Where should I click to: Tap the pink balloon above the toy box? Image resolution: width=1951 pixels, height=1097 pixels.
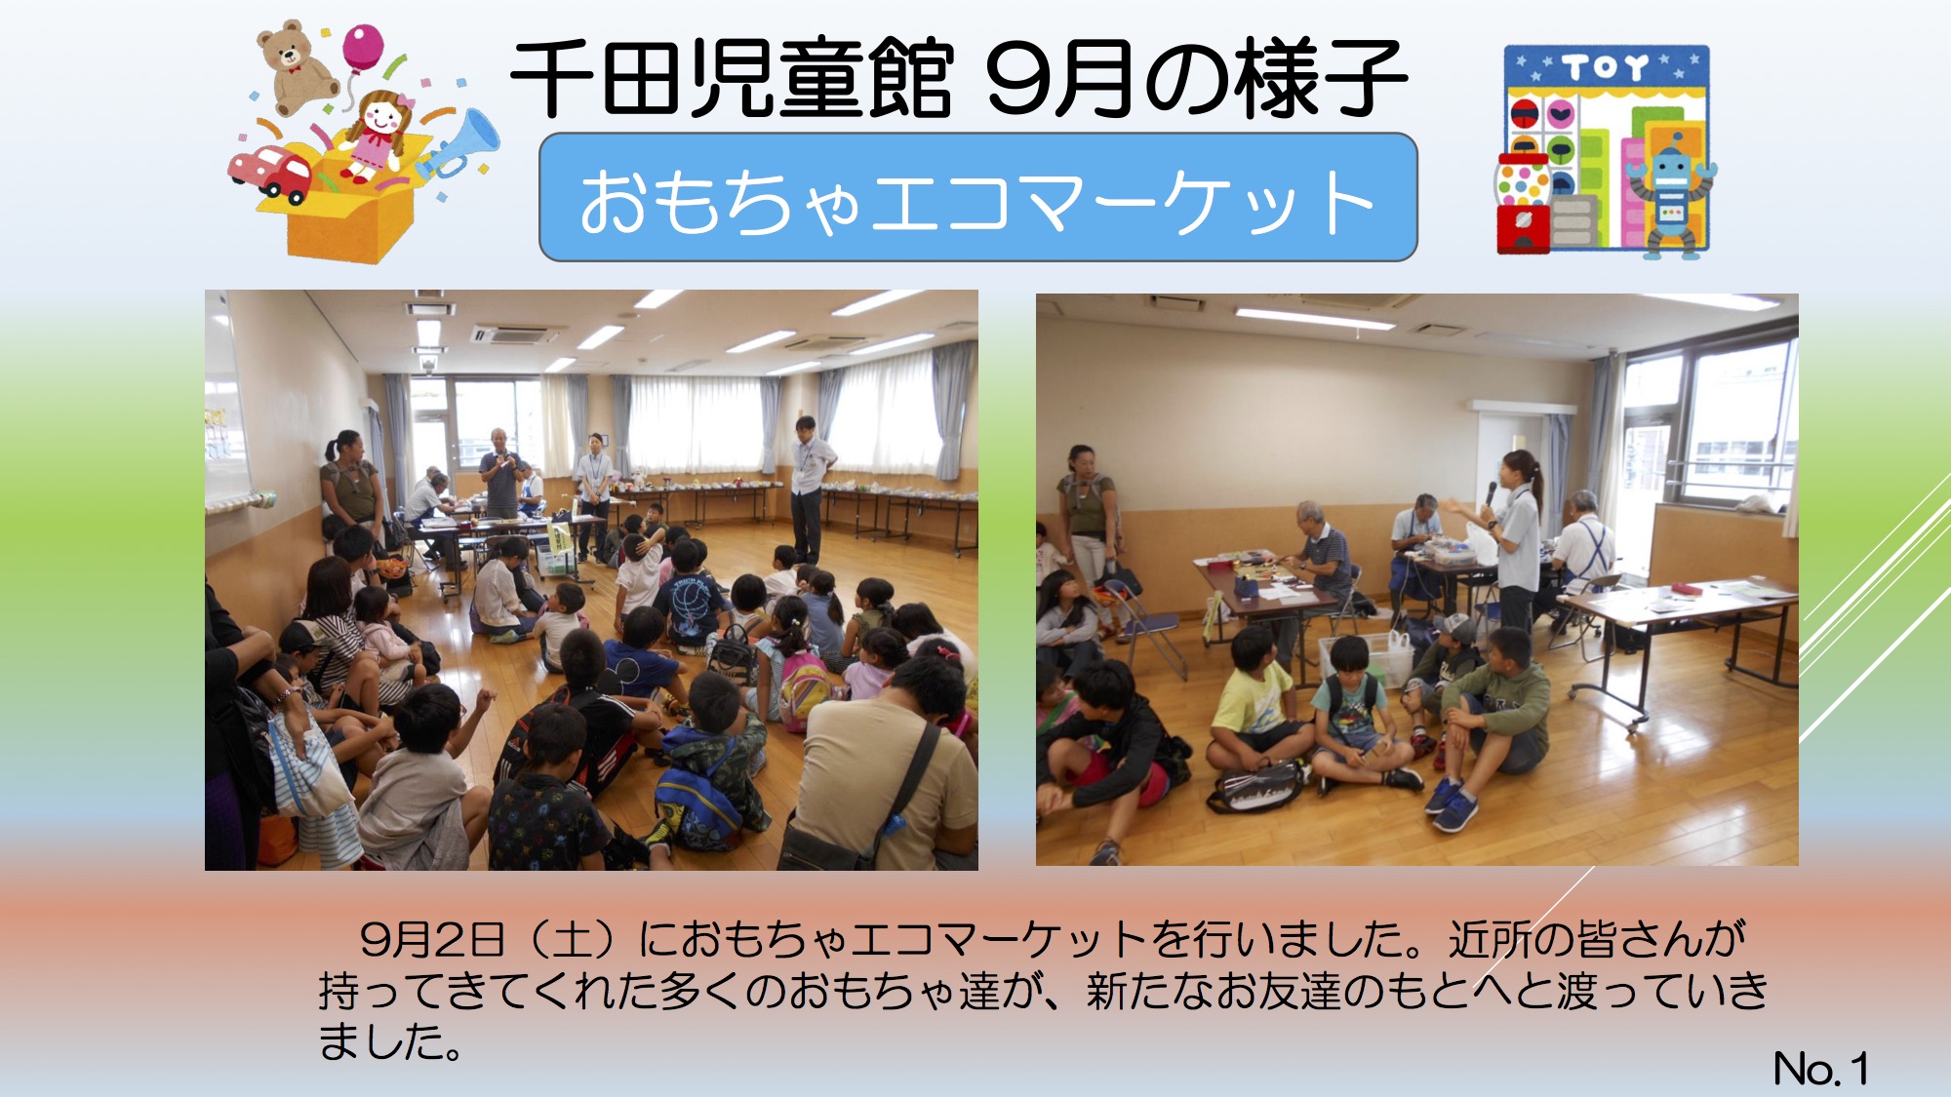click(x=362, y=48)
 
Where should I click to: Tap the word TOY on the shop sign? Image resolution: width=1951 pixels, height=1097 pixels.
click(x=1606, y=68)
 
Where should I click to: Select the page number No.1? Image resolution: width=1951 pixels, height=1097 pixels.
click(x=1820, y=1069)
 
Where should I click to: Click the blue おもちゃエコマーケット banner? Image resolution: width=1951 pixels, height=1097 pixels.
click(x=977, y=197)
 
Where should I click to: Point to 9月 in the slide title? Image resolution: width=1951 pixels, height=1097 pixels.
click(x=1059, y=78)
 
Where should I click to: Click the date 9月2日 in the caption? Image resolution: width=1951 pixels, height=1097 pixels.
click(x=432, y=939)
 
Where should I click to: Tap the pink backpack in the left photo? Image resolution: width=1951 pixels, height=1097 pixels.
click(x=803, y=688)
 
